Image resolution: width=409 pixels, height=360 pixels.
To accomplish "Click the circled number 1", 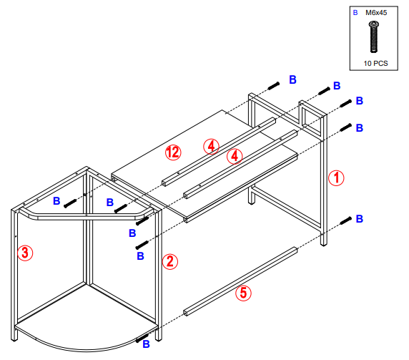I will [335, 177].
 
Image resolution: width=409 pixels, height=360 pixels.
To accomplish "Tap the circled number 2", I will [169, 261].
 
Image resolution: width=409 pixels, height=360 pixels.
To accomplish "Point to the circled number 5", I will [243, 292].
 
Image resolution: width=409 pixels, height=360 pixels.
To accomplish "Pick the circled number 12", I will [172, 152].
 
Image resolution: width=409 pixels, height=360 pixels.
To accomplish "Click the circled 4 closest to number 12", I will [210, 146].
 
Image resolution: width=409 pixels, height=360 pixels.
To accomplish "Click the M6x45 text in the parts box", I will [378, 13].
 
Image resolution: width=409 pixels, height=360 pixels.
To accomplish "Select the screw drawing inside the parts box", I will [373, 37].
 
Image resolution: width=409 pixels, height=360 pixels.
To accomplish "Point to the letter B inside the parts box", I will [355, 13].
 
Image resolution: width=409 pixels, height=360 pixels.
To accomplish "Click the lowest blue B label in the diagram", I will [146, 344].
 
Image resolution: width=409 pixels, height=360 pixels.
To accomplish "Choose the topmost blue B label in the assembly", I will [292, 79].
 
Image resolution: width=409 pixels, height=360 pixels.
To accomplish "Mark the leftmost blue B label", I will [56, 202].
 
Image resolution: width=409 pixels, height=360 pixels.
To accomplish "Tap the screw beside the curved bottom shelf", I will [142, 336].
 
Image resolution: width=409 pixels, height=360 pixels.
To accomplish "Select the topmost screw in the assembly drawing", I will [273, 87].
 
